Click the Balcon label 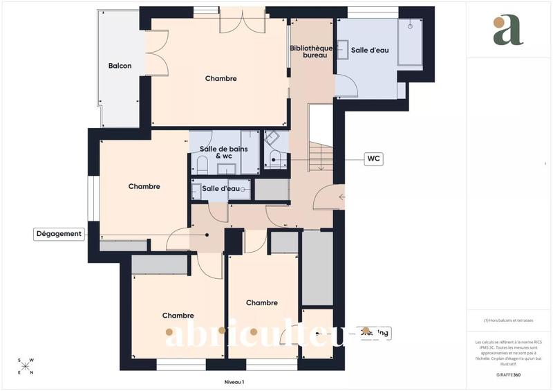point(120,66)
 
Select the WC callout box point(373,159)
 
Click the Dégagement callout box point(59,234)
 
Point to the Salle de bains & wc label point(221,152)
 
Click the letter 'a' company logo point(508,30)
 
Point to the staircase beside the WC point(319,155)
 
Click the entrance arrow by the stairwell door point(342,197)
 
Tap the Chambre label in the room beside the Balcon point(221,79)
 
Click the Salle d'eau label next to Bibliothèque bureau point(368,51)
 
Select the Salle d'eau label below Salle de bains point(221,188)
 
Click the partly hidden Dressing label point(375,333)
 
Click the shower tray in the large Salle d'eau point(410,43)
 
